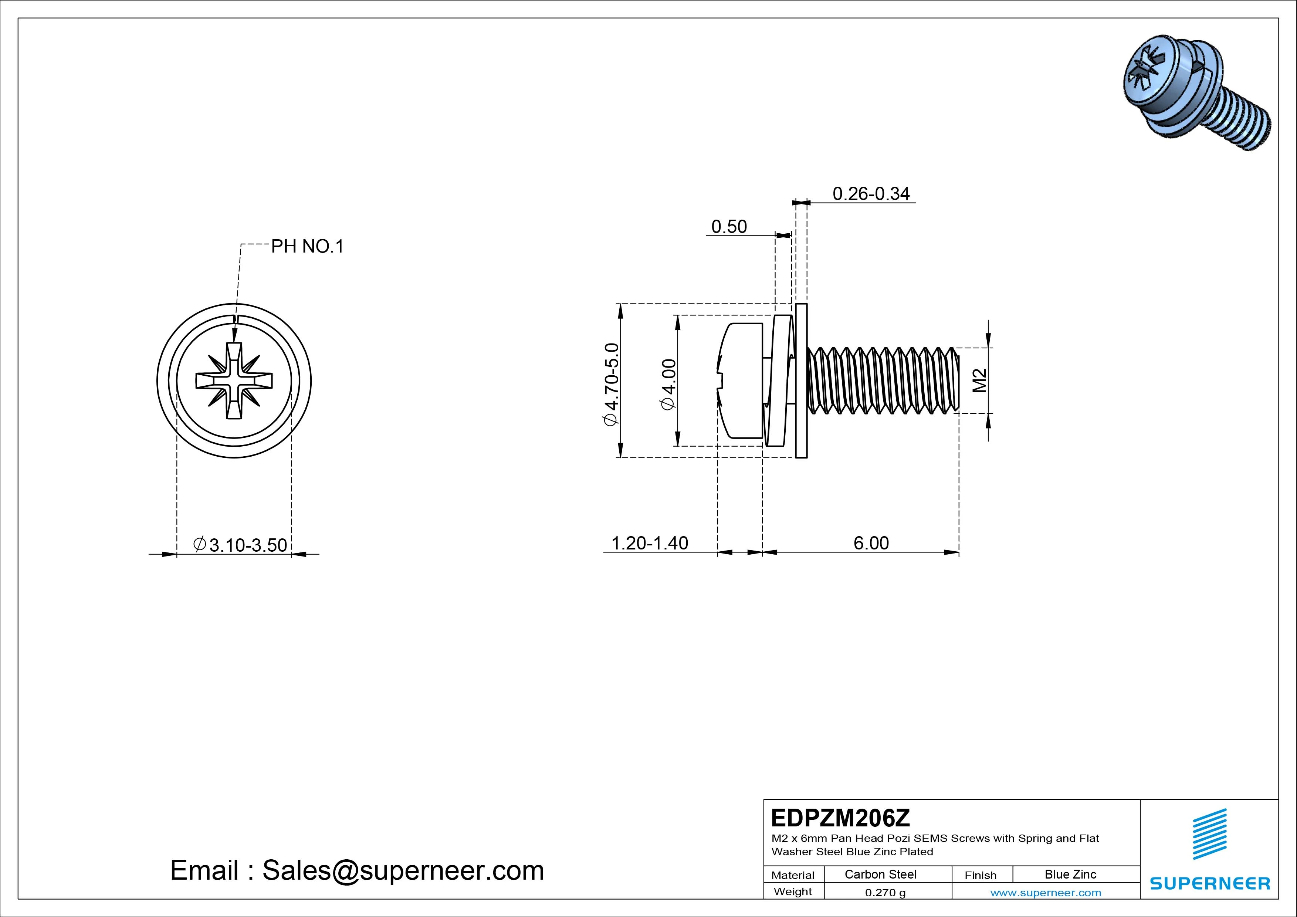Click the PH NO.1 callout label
(307, 246)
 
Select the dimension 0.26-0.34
(871, 194)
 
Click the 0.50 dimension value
(729, 227)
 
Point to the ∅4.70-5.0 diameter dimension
(612, 384)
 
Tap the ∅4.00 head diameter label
(668, 384)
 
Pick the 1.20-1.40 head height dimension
(650, 543)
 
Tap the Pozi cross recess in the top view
(234, 380)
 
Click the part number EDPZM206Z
(840, 817)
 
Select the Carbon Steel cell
(880, 874)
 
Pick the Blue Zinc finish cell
(1070, 874)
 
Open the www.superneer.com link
(1045, 893)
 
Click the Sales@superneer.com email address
(403, 870)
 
